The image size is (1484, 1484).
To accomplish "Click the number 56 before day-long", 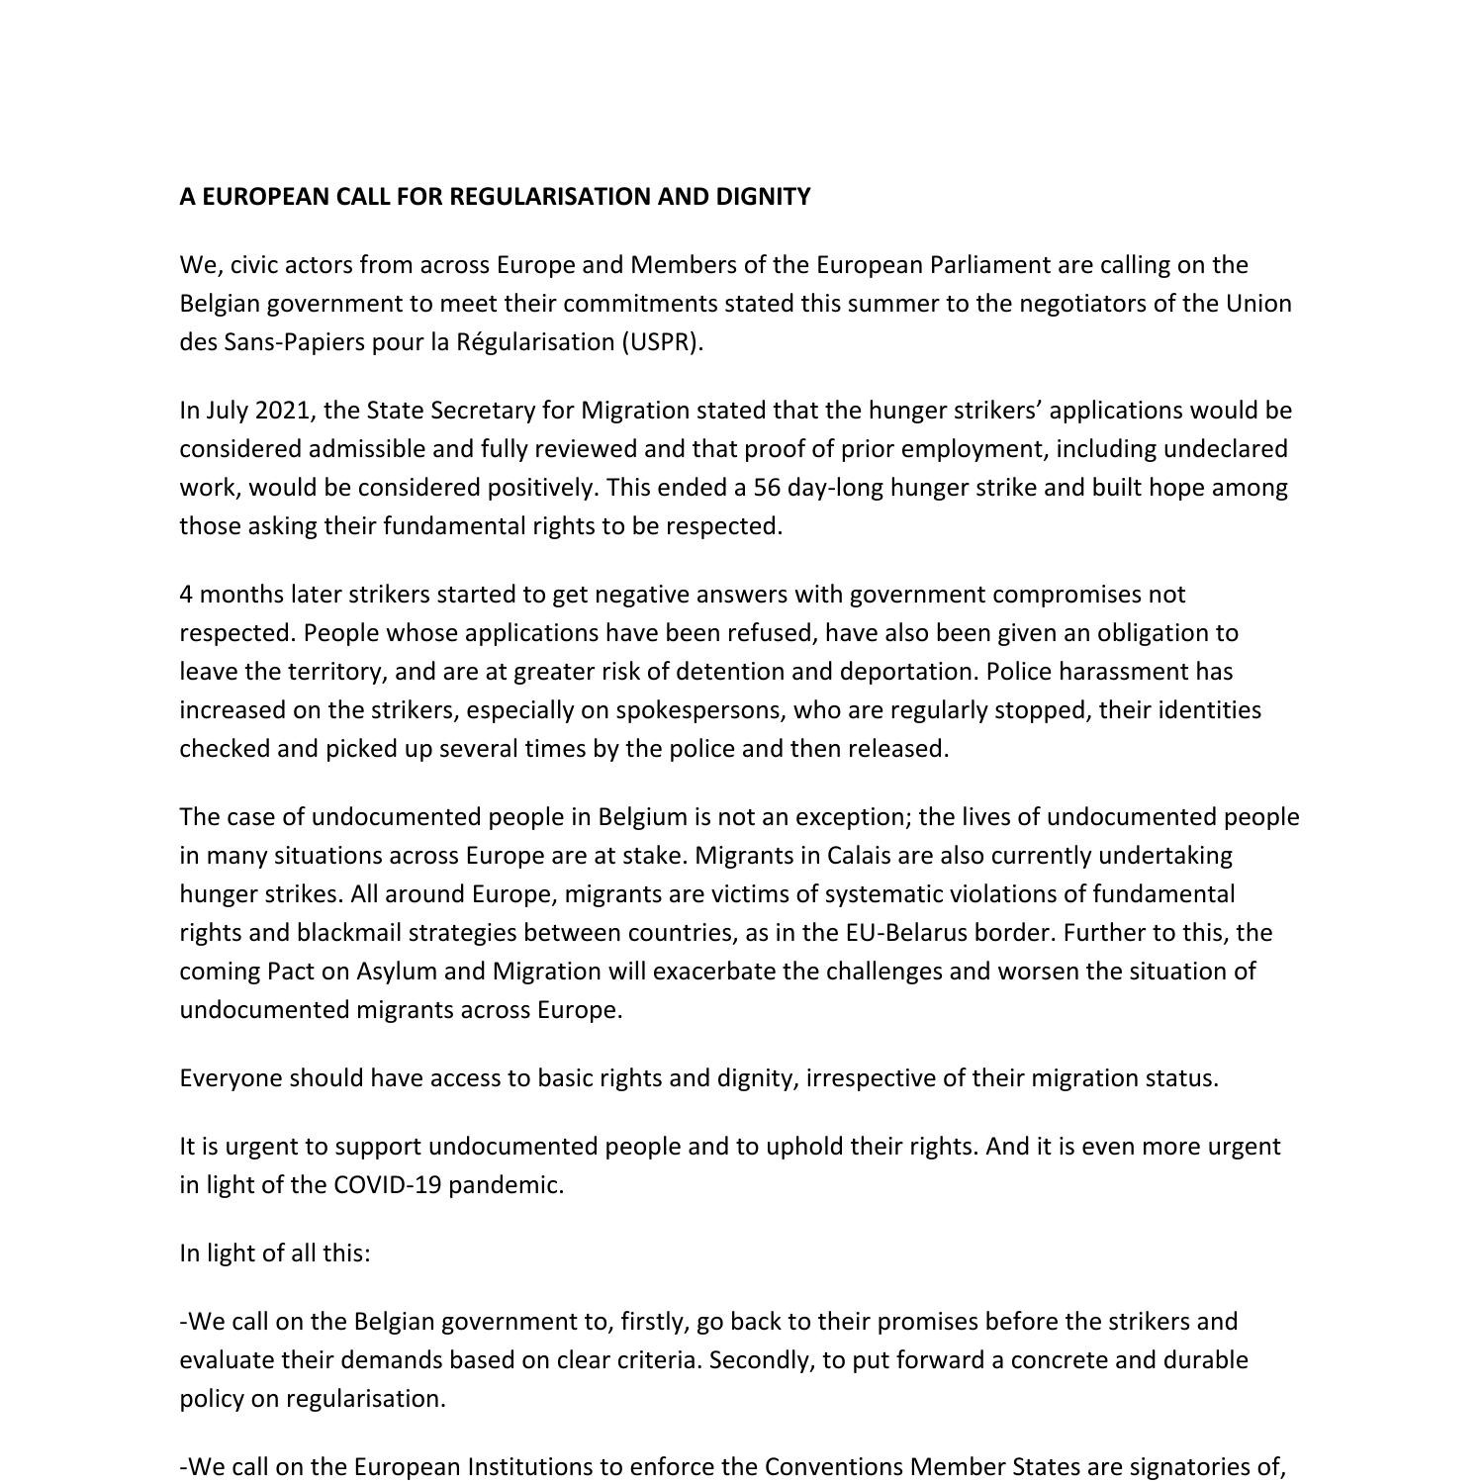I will [x=768, y=488].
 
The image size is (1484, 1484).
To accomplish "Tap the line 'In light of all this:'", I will [x=275, y=1253].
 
